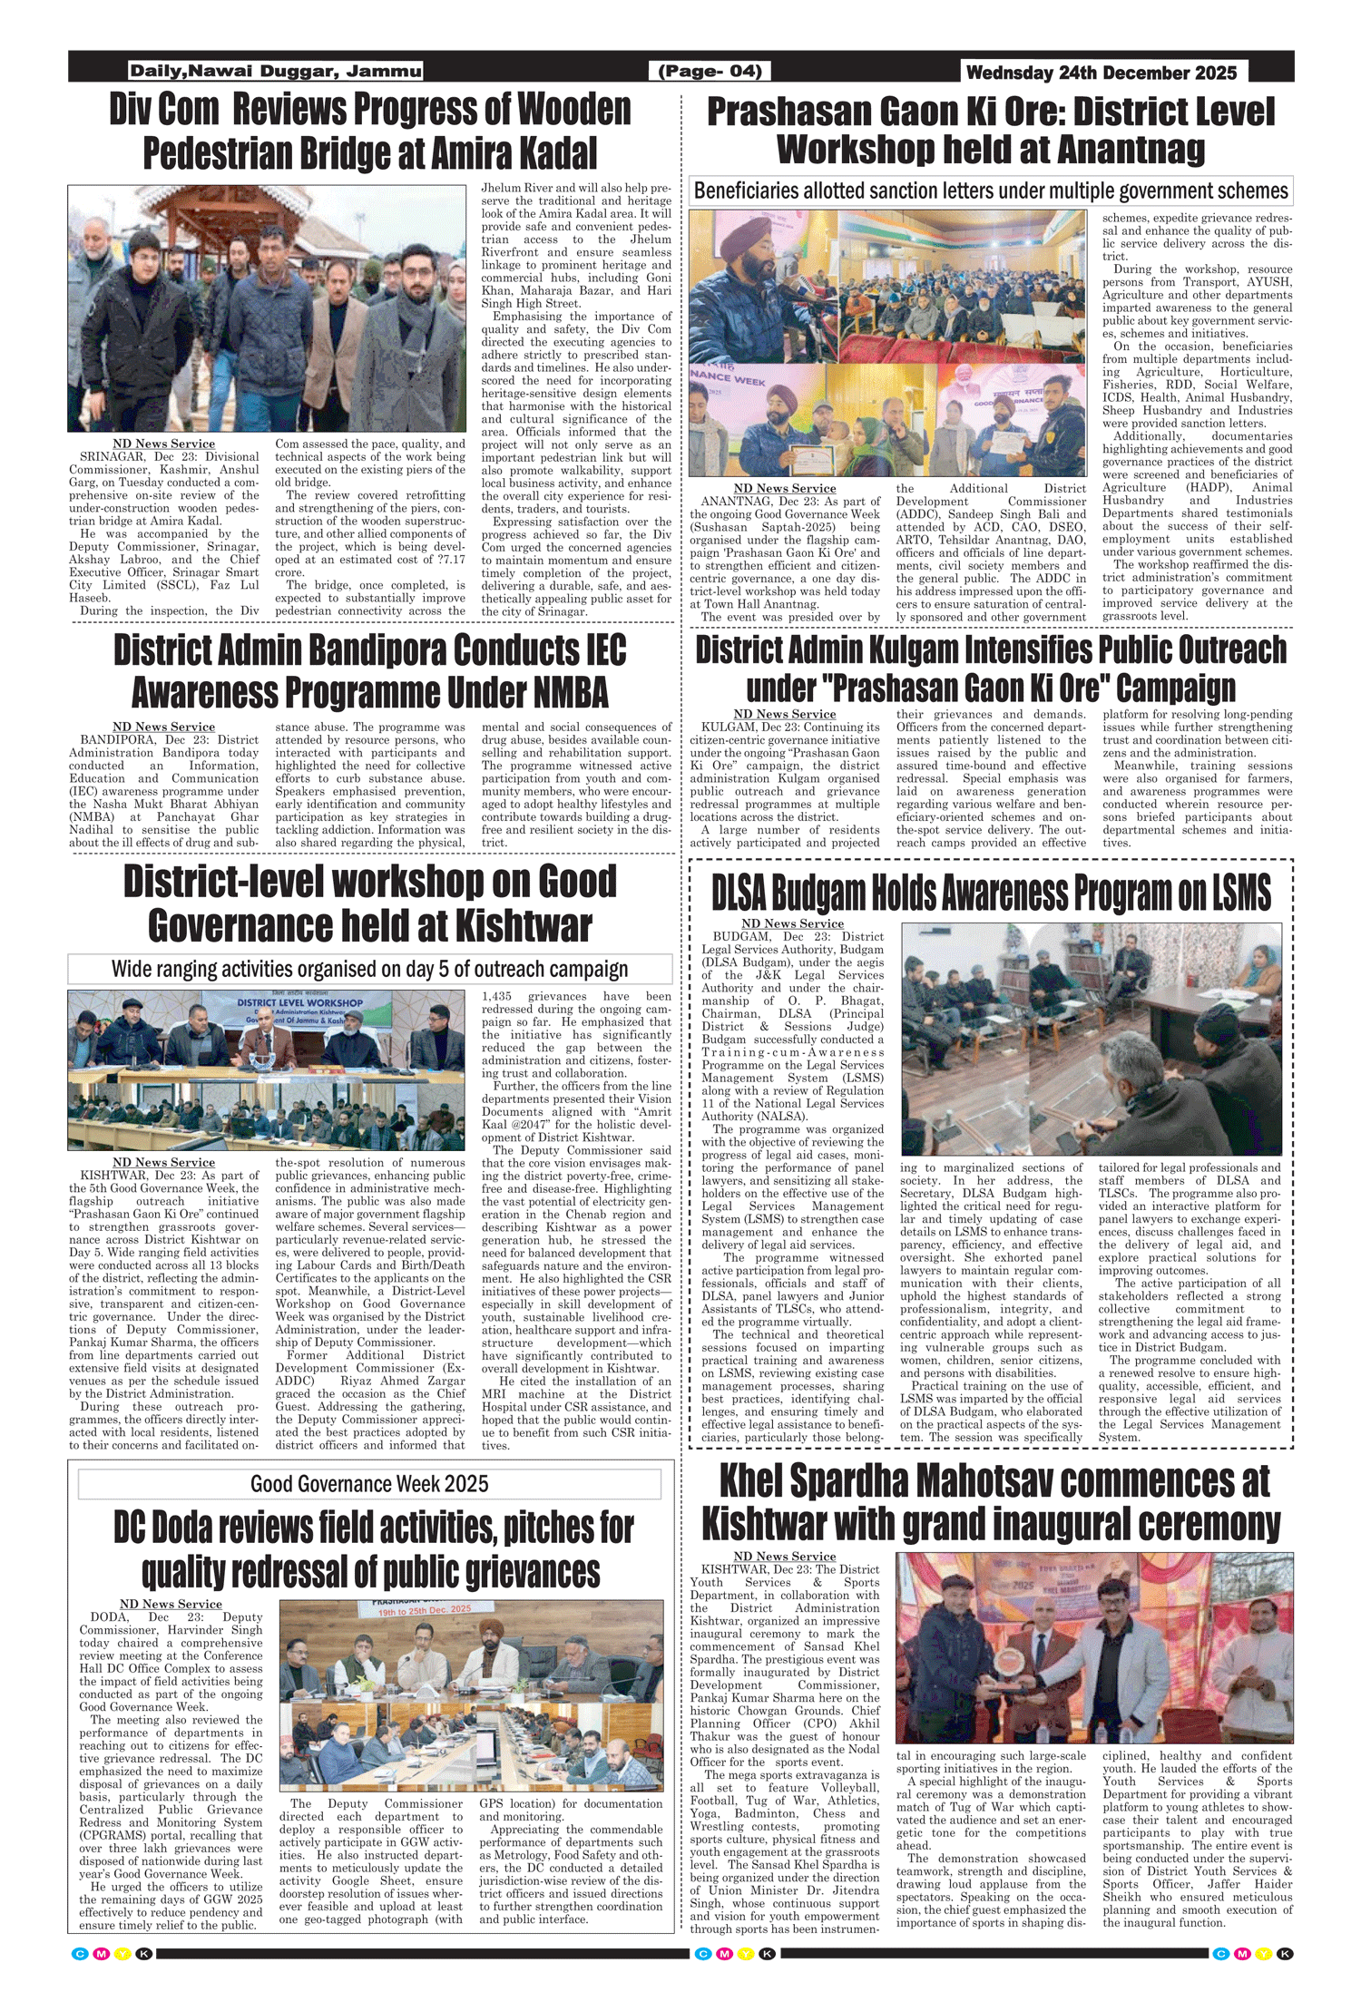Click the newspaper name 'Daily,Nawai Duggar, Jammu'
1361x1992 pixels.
[x=275, y=71]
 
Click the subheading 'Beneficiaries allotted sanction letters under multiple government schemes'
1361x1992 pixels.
[x=990, y=191]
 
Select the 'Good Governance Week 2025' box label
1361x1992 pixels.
[x=369, y=1484]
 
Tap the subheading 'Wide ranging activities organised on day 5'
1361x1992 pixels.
[x=369, y=969]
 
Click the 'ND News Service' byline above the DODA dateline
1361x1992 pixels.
[x=171, y=1604]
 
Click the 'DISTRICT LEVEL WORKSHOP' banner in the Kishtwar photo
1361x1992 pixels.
[x=299, y=1003]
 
